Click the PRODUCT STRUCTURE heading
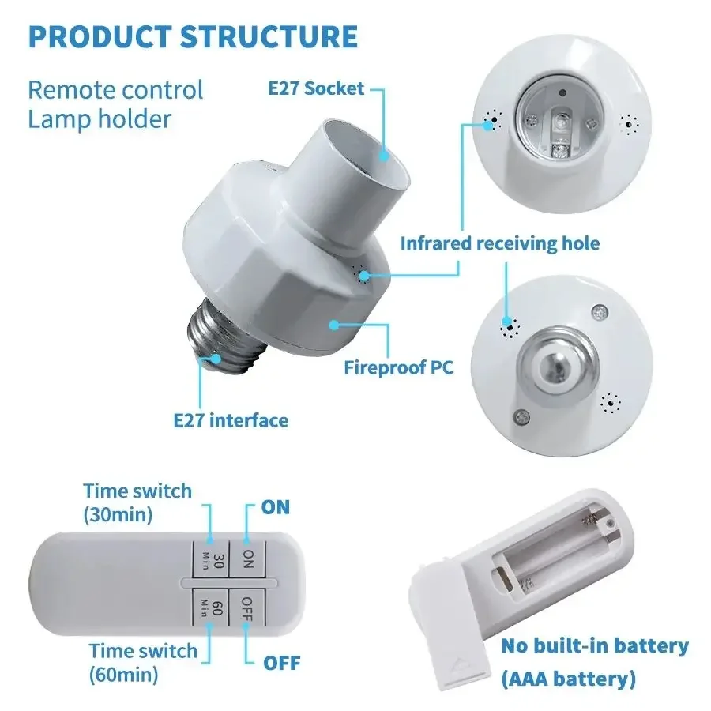click(x=194, y=37)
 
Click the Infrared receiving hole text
click(x=499, y=243)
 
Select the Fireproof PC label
click(x=399, y=367)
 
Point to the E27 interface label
click(x=231, y=419)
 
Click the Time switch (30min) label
click(x=137, y=502)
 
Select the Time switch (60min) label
click(x=142, y=662)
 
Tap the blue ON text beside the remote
click(x=276, y=507)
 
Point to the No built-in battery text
click(x=595, y=645)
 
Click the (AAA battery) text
click(x=568, y=678)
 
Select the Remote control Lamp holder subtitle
click(x=115, y=104)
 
